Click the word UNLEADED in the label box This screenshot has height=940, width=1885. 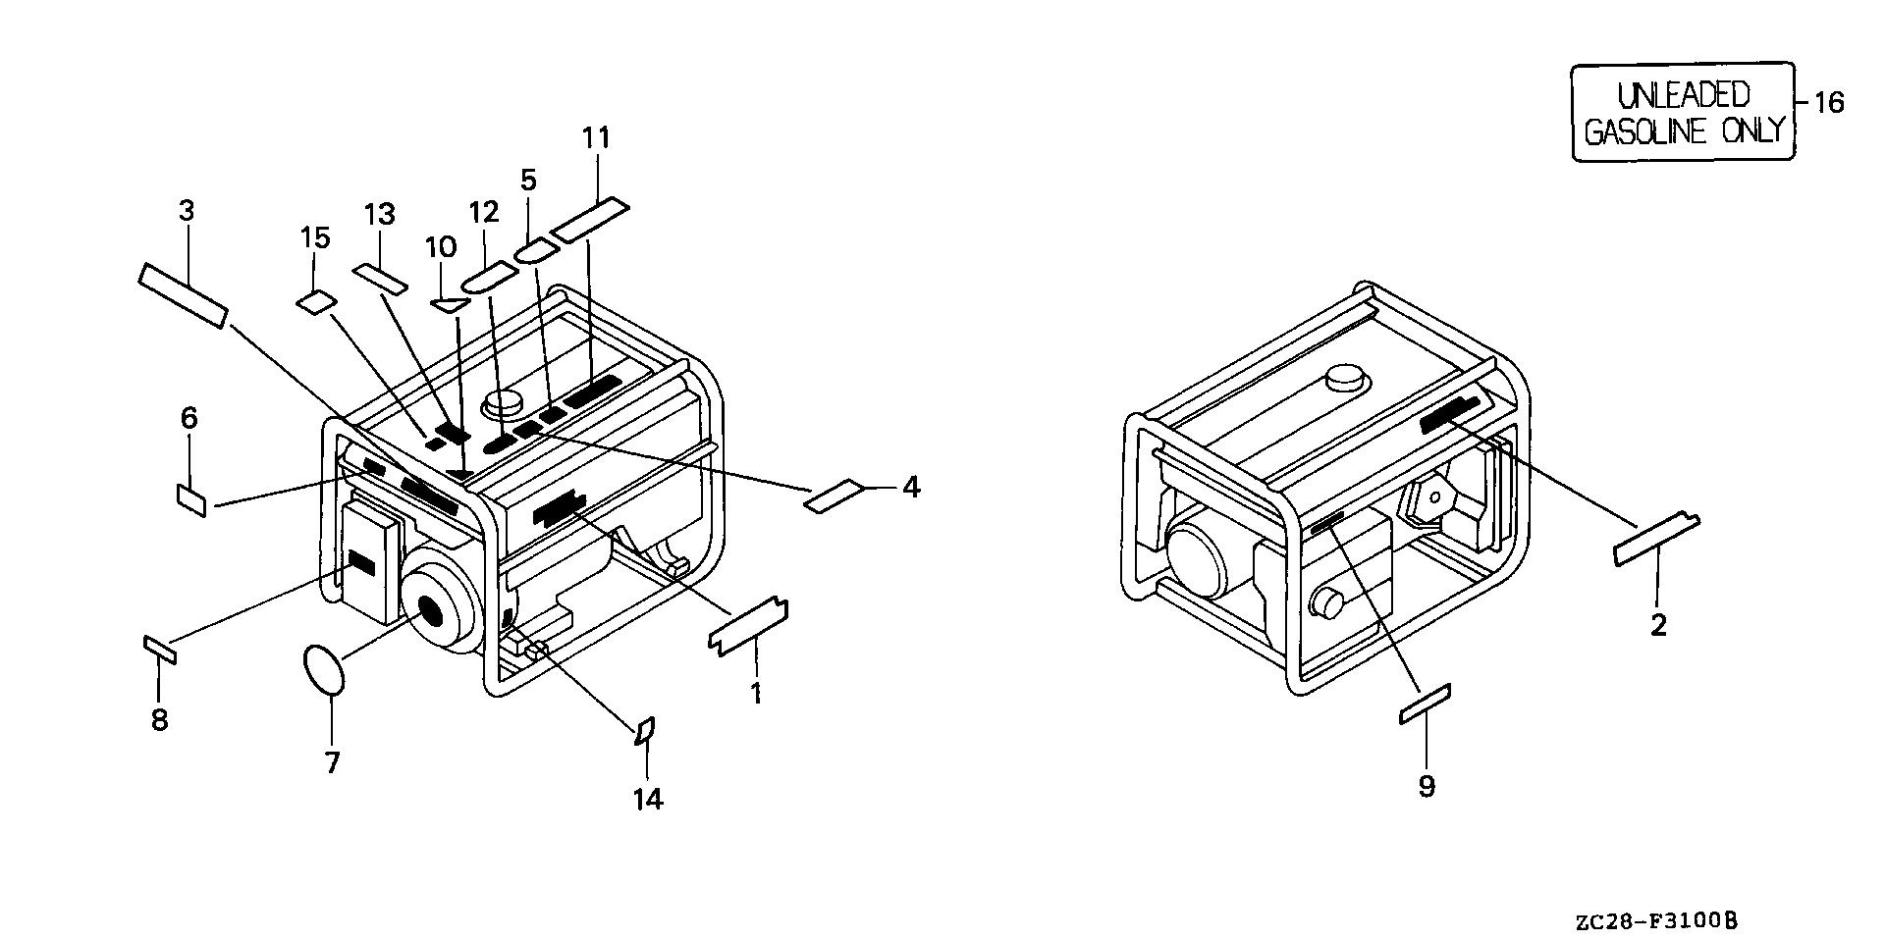pyautogui.click(x=1683, y=95)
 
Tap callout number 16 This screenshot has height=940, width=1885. pyautogui.click(x=1828, y=102)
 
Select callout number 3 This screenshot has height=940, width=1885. pyautogui.click(x=187, y=210)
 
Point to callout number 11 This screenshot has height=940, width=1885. pyautogui.click(x=596, y=137)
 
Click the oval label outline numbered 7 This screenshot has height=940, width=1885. pyautogui.click(x=324, y=669)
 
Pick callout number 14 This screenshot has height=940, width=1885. pyautogui.click(x=647, y=800)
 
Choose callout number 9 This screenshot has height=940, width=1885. pyautogui.click(x=1426, y=785)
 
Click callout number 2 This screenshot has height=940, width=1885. pyautogui.click(x=1658, y=625)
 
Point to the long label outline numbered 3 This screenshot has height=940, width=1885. pyautogui.click(x=184, y=295)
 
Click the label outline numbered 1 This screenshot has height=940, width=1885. pyautogui.click(x=748, y=626)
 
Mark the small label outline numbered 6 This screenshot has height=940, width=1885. pyautogui.click(x=191, y=498)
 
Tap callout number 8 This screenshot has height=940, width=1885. pyautogui.click(x=159, y=719)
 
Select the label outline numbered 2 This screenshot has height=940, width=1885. pyautogui.click(x=1656, y=540)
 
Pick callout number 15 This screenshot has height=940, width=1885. pyautogui.click(x=315, y=237)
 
